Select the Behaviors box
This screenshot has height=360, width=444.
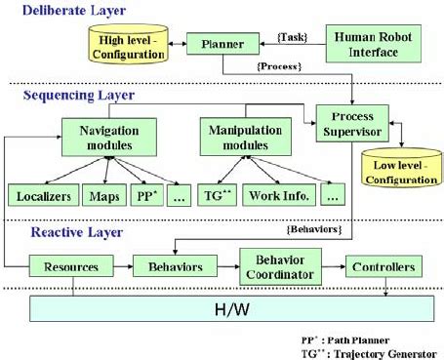point(174,265)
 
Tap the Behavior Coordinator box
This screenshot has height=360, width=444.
point(278,265)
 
